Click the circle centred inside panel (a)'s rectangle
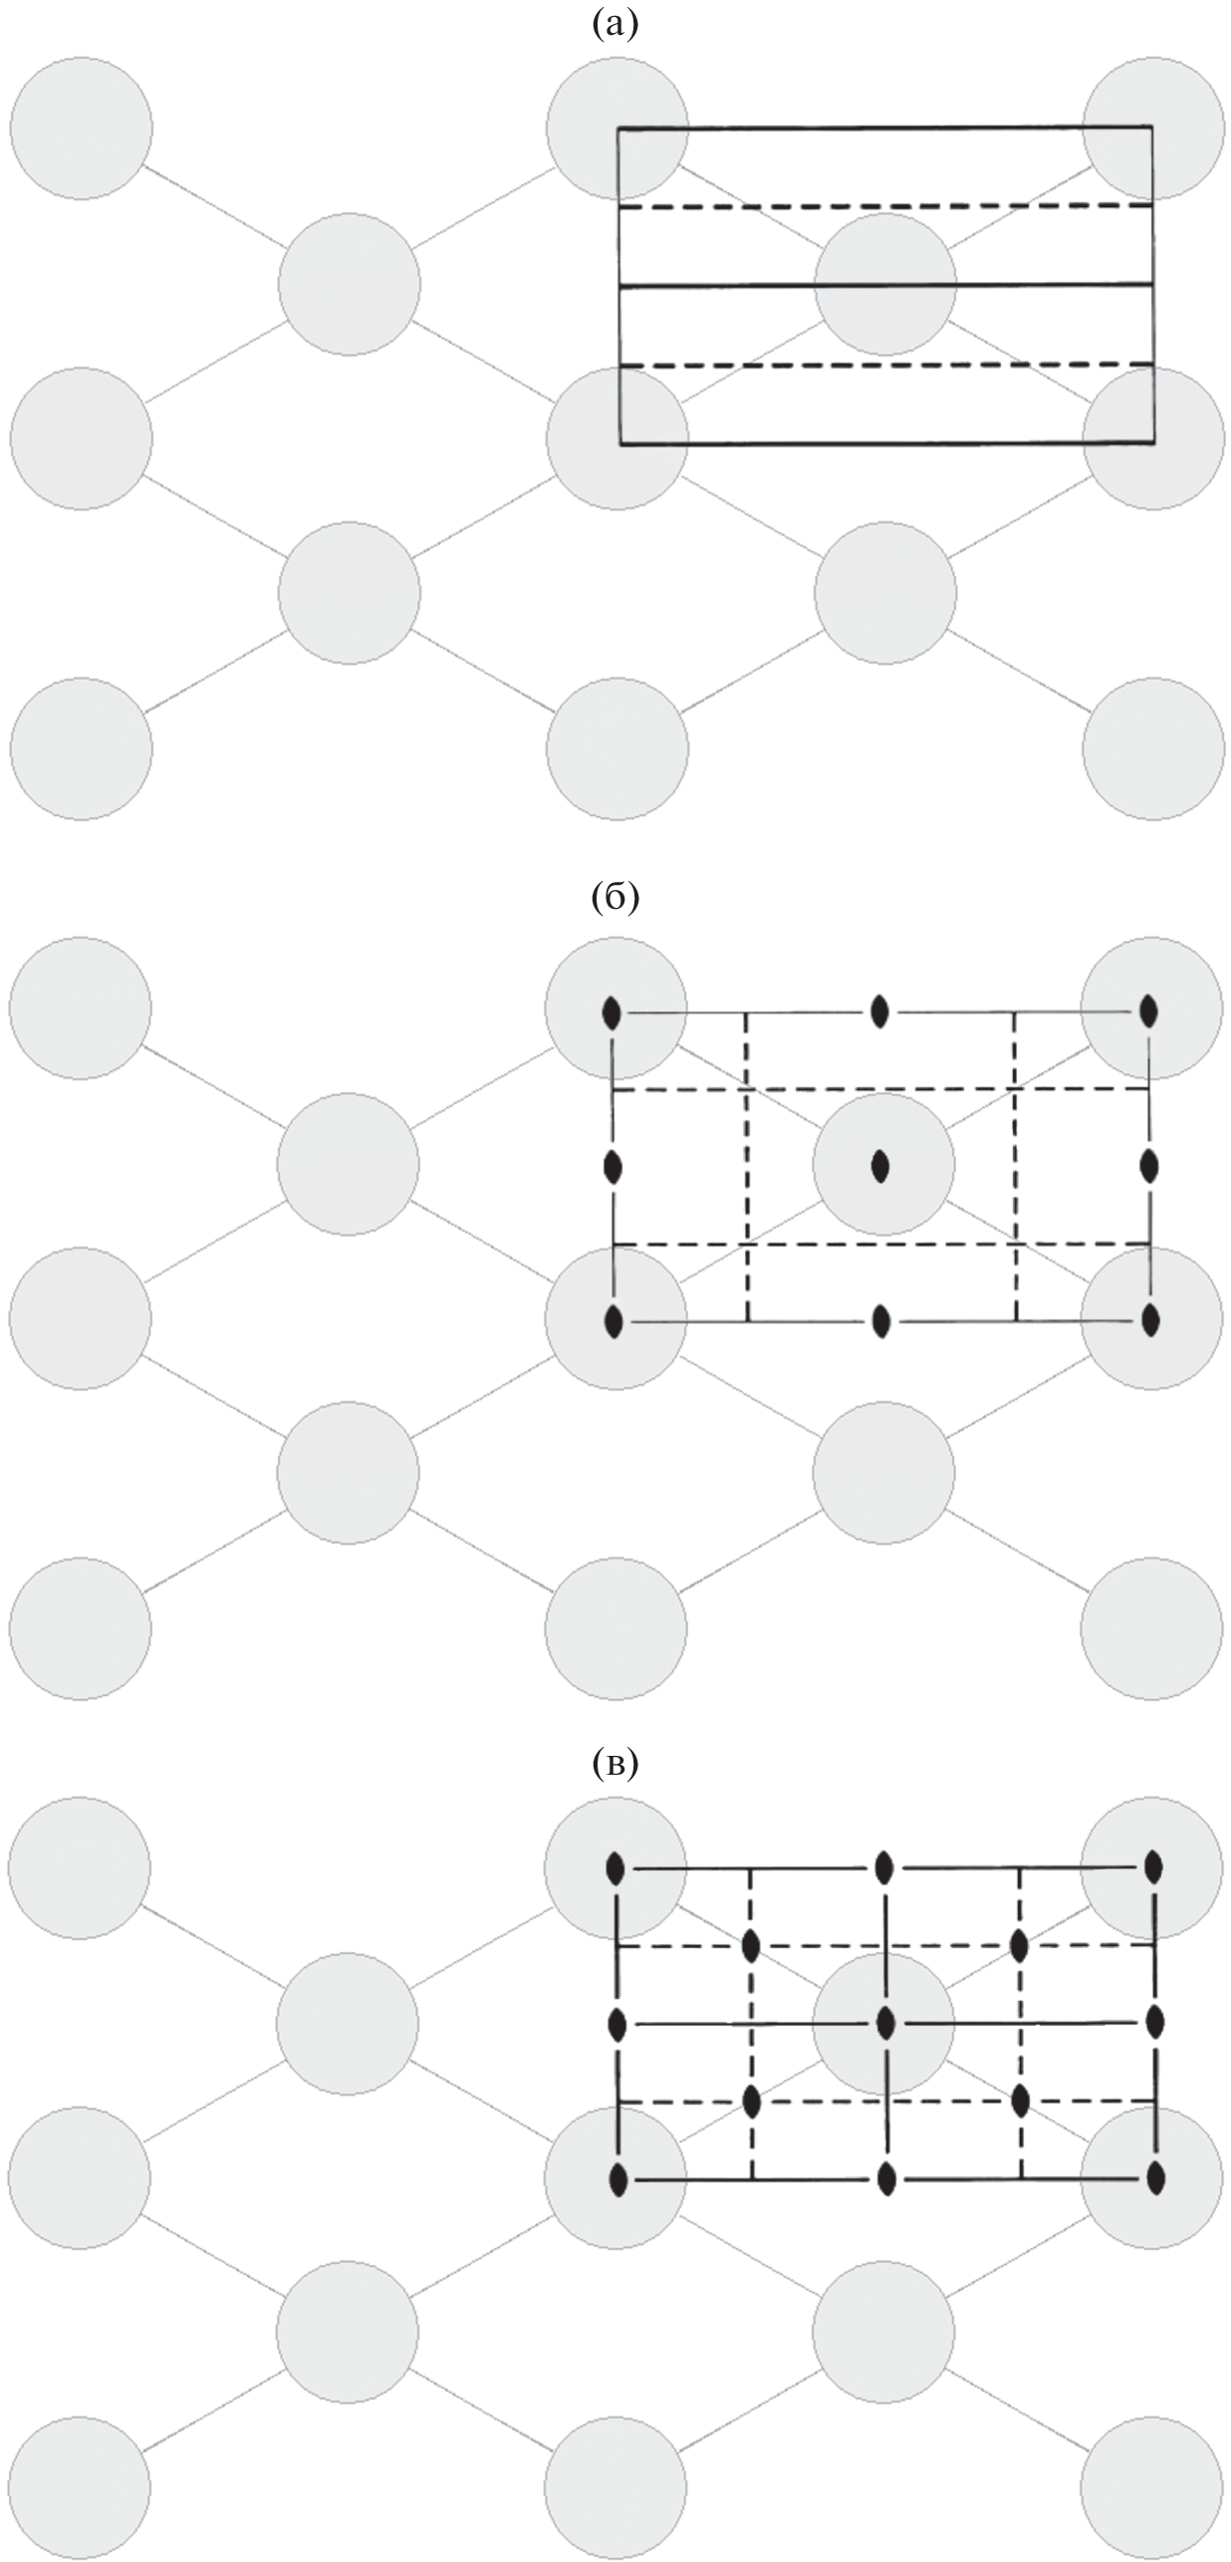[885, 284]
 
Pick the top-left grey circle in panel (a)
[82, 128]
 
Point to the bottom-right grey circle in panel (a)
[1153, 748]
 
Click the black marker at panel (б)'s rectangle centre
[879, 1165]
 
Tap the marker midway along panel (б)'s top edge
[879, 1011]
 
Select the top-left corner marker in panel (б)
[613, 1013]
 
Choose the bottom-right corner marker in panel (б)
[1150, 1320]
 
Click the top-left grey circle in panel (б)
[81, 1006]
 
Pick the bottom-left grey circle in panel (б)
[80, 1627]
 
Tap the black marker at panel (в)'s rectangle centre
[885, 2023]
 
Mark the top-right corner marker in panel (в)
[1153, 1865]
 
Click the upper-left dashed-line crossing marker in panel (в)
[751, 1944]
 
